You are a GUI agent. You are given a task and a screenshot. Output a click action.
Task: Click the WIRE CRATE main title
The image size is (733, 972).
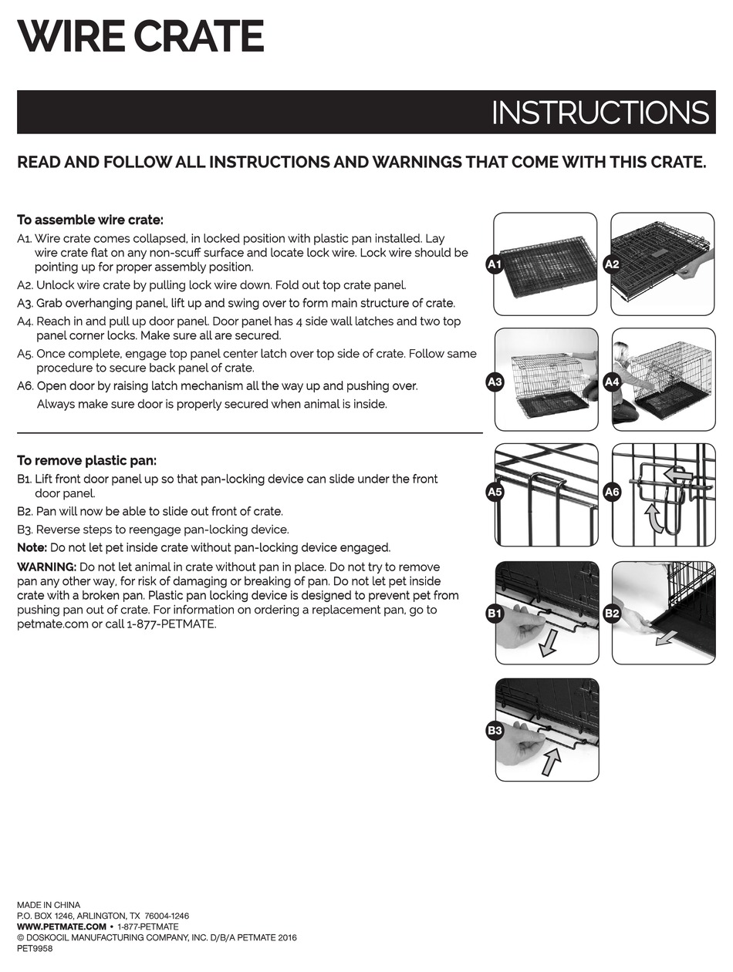140,36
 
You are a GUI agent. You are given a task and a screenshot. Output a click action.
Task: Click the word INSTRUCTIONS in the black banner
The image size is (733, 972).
600,113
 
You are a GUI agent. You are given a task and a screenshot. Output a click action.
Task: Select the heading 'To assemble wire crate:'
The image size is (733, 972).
90,220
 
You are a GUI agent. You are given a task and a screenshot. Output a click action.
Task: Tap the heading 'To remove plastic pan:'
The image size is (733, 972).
86,460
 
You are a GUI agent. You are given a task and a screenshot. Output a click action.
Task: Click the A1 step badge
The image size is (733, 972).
495,264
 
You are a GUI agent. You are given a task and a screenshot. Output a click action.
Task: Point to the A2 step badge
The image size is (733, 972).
612,264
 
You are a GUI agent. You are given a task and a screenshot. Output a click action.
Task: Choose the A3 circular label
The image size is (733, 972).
495,382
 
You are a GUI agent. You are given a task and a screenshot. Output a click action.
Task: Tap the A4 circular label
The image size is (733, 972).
612,382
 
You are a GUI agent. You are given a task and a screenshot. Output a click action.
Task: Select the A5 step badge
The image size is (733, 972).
495,492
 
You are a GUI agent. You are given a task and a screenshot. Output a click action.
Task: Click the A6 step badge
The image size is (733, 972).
612,492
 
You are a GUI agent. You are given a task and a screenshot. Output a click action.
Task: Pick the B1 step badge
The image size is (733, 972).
495,614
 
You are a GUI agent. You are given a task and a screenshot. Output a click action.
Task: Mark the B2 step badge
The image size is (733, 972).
612,614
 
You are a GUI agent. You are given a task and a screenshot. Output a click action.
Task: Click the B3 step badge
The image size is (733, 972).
495,730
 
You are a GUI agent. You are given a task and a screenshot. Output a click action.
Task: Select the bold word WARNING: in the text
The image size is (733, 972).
46,567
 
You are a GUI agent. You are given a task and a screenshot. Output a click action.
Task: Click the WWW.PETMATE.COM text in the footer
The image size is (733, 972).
61,927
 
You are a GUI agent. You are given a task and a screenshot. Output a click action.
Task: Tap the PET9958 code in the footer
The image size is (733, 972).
35,949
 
